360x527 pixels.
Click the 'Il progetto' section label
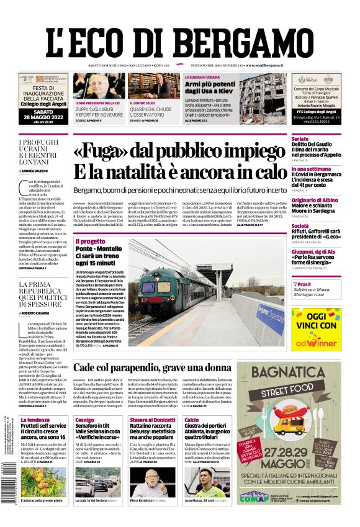[90, 241]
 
